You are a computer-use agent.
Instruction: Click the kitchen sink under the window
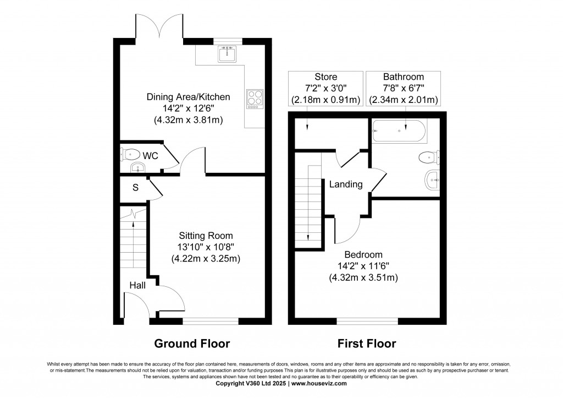[x=227, y=54]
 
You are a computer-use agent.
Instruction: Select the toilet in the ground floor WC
[x=130, y=154]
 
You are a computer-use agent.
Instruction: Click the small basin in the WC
[x=135, y=167]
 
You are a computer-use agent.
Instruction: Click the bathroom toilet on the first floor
[x=428, y=158]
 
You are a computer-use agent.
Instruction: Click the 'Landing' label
[x=346, y=184]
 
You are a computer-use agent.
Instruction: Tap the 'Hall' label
[x=137, y=285]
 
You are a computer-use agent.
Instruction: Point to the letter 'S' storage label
[x=135, y=188]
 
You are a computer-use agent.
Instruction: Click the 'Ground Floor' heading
[x=191, y=344]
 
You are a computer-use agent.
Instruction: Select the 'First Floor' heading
[x=367, y=344]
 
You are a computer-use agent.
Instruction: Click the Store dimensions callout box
[x=325, y=88]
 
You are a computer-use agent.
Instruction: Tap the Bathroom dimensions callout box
[x=403, y=88]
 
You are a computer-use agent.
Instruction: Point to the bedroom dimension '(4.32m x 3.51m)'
[x=363, y=277]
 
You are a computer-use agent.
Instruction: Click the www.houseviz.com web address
[x=319, y=384]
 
